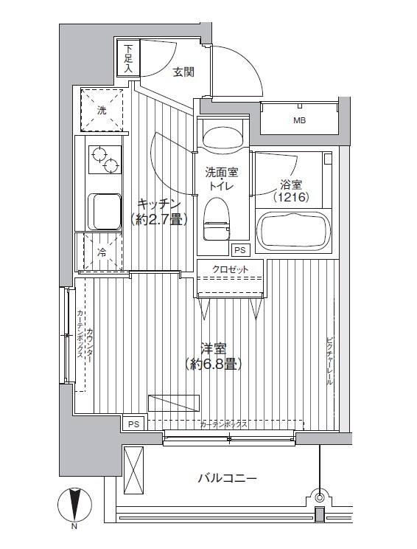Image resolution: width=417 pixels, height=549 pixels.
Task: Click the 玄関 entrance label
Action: pyautogui.click(x=184, y=72)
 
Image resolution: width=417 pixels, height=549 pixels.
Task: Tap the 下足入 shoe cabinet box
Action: pyautogui.click(x=129, y=58)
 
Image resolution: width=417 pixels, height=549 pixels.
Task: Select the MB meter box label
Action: pyautogui.click(x=300, y=120)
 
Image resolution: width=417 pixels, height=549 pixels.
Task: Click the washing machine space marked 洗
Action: pyautogui.click(x=102, y=110)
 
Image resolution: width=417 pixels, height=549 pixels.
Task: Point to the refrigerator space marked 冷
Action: pyautogui.click(x=102, y=252)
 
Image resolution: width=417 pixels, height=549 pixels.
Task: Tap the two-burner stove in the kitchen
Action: pyautogui.click(x=105, y=159)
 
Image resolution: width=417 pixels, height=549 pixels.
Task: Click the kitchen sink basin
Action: pyautogui.click(x=104, y=212)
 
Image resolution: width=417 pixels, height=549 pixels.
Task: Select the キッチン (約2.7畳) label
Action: pyautogui.click(x=159, y=211)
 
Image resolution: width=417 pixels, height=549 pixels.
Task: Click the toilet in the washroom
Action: pyautogui.click(x=217, y=219)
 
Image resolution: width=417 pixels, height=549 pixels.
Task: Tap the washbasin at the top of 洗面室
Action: pyautogui.click(x=222, y=137)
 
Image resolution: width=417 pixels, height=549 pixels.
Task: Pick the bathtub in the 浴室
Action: pyautogui.click(x=294, y=232)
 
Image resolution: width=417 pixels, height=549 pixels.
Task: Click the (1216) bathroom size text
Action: pyautogui.click(x=292, y=198)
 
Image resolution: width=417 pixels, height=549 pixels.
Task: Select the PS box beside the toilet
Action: pyautogui.click(x=240, y=250)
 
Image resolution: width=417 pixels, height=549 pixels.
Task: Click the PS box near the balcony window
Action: pyautogui.click(x=133, y=424)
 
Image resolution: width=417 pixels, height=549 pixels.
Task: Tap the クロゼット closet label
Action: pyautogui.click(x=230, y=269)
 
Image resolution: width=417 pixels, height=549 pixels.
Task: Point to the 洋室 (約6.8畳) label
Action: pyautogui.click(x=213, y=357)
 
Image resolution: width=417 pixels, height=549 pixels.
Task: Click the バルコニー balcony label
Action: pyautogui.click(x=228, y=477)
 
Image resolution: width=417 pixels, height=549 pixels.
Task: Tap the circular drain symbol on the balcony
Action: pyautogui.click(x=319, y=497)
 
